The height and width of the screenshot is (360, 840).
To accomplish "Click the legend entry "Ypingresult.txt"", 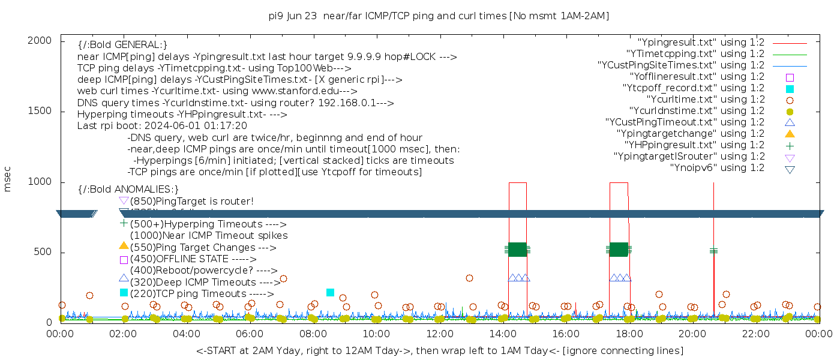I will pyautogui.click(x=701, y=43).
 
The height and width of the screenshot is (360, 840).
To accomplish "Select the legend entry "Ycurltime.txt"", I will pyautogui.click(x=705, y=100).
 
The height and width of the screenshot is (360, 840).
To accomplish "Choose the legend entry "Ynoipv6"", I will pyautogui.click(x=717, y=168).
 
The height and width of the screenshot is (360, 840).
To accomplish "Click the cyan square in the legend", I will pyautogui.click(x=790, y=89).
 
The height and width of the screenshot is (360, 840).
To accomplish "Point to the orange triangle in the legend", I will pyautogui.click(x=790, y=134).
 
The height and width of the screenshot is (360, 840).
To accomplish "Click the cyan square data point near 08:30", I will pyautogui.click(x=330, y=293).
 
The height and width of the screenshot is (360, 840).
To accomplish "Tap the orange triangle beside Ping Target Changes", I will pyautogui.click(x=124, y=245).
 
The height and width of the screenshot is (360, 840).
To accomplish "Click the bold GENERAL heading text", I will pyautogui.click(x=122, y=46).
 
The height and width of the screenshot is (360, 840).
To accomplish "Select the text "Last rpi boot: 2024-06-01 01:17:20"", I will pyautogui.click(x=162, y=126).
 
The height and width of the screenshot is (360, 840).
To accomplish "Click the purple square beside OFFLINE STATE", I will pyautogui.click(x=124, y=260).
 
